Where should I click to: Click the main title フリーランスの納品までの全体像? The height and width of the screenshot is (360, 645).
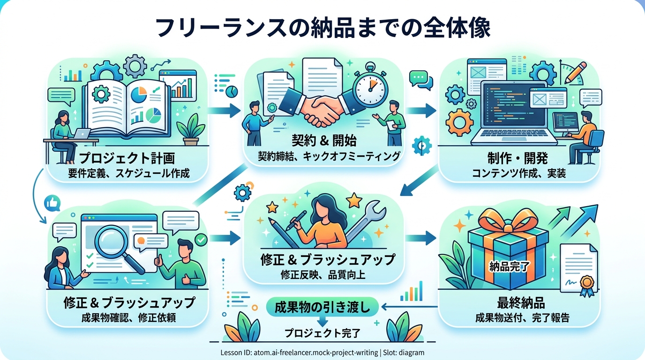click(x=322, y=28)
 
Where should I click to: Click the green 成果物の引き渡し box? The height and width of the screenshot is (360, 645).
click(x=322, y=307)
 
